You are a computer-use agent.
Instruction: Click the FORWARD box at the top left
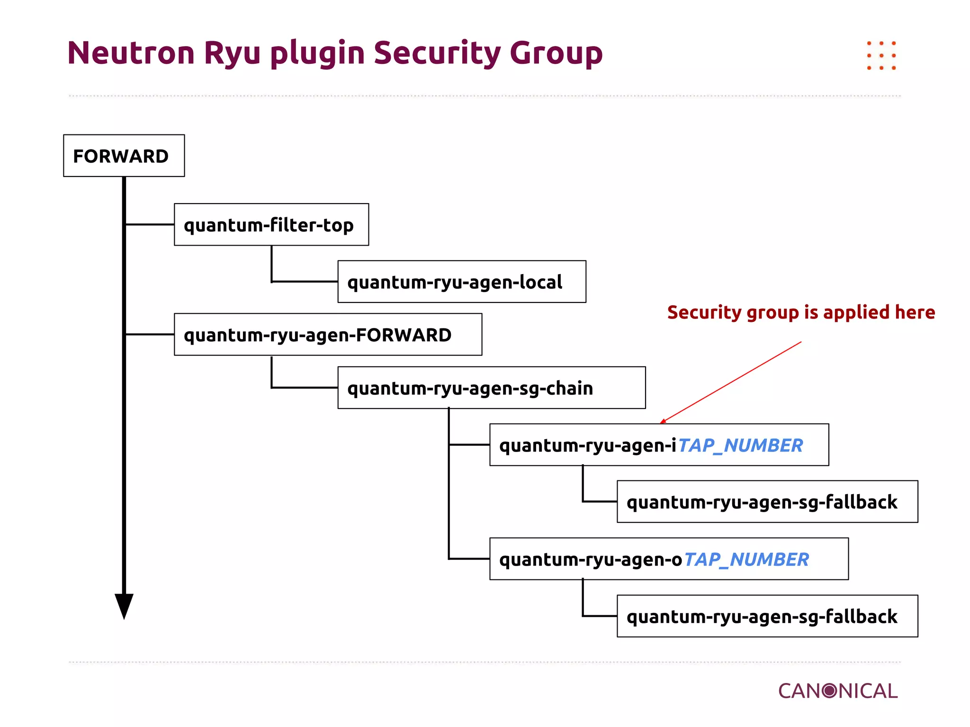[x=124, y=156]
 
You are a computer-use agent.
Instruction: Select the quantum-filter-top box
[x=271, y=225]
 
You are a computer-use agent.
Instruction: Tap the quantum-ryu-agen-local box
[x=461, y=282]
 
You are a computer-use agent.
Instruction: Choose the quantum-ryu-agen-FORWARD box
[x=328, y=335]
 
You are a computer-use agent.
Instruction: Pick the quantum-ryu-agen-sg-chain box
[x=491, y=388]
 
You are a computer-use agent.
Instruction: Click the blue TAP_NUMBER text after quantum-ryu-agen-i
[x=740, y=445]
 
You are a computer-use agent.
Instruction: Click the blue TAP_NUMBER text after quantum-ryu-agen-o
[x=746, y=559]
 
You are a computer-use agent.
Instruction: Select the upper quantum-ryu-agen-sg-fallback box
[x=767, y=502]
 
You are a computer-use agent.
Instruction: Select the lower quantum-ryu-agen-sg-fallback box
[x=767, y=616]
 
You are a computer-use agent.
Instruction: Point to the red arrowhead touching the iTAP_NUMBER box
[x=663, y=421]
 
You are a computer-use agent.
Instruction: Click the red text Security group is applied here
[x=801, y=312]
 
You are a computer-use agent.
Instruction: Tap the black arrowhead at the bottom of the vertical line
[x=124, y=605]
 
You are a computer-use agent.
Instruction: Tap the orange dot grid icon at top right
[x=881, y=56]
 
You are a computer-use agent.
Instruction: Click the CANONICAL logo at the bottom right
[x=837, y=691]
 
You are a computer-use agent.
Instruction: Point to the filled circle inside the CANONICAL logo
[x=829, y=691]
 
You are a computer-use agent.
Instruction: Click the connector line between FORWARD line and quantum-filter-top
[x=150, y=224]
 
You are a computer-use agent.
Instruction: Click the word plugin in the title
[x=317, y=53]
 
